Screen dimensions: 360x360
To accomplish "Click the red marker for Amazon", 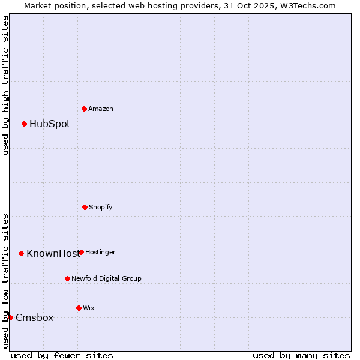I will (84, 109).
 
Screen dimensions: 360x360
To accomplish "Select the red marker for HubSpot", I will (24, 124).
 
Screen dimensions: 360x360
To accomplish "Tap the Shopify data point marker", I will (85, 207).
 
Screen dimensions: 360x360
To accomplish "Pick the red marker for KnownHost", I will (21, 253).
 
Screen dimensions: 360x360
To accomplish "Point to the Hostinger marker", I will (81, 252).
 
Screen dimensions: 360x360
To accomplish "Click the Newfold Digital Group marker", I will (67, 278).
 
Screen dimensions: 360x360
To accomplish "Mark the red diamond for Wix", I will (79, 308).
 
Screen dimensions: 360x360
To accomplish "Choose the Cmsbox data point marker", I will (10, 317).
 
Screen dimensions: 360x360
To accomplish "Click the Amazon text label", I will (101, 109).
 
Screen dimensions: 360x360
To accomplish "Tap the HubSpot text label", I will (50, 124).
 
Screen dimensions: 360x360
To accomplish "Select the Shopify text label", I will (101, 208).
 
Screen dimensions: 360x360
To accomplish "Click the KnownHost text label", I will (53, 254).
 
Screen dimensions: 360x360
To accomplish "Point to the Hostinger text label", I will (100, 253).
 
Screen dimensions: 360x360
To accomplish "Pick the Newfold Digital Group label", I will (106, 279).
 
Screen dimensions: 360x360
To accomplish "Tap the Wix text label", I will (89, 308).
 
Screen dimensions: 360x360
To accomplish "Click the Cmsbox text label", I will (34, 318).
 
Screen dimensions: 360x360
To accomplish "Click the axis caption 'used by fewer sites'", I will (62, 355).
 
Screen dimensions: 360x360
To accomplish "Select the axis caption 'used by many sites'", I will (301, 355).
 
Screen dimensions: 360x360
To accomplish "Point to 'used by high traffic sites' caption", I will (5, 85).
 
